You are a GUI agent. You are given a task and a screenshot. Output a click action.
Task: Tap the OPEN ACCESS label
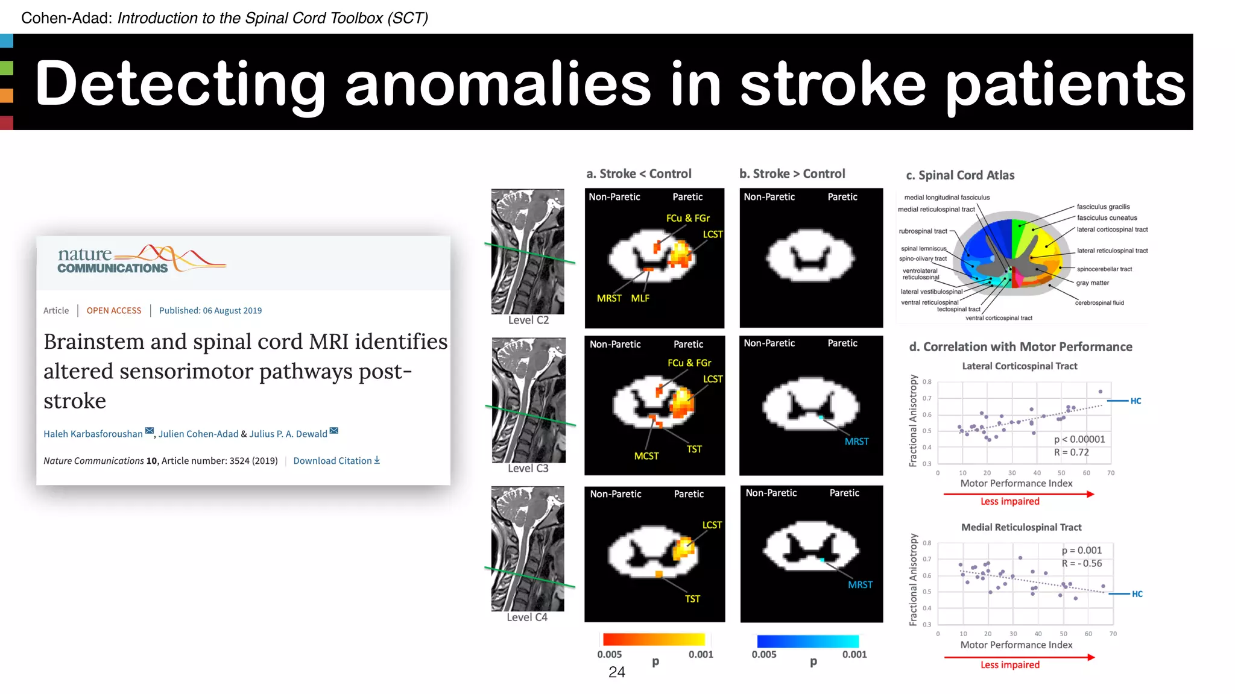(x=113, y=311)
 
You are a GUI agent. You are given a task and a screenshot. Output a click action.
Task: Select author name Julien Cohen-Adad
(x=198, y=434)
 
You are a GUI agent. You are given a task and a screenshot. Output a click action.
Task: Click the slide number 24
(x=616, y=672)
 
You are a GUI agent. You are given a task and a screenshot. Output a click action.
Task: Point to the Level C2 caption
(x=528, y=320)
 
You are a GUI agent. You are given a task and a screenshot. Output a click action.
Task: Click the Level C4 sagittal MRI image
(x=528, y=549)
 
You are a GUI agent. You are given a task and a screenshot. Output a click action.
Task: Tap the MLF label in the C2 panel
(x=640, y=298)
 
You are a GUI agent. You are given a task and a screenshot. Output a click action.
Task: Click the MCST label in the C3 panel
(x=646, y=456)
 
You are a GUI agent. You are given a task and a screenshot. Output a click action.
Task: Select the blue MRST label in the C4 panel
(x=860, y=585)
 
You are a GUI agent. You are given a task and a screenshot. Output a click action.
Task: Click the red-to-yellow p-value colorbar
(x=654, y=640)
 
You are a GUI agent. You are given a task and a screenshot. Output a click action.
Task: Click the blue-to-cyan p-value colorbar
(x=807, y=641)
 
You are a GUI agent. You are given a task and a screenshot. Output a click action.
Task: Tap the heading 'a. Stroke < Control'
(x=639, y=174)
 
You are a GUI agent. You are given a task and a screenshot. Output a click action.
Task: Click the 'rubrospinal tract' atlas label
(x=923, y=231)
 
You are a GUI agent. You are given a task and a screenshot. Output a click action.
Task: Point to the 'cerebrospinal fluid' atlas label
(x=1099, y=303)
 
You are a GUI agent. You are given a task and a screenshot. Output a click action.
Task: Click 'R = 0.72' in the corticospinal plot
(x=1071, y=452)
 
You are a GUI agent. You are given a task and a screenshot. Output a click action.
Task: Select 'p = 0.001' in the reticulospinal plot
(x=1081, y=551)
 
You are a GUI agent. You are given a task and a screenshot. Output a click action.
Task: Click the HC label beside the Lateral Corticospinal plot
(x=1136, y=401)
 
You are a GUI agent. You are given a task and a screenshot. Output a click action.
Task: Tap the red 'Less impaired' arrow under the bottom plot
(x=1019, y=657)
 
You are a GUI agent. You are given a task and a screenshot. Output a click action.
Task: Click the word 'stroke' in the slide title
(x=832, y=84)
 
